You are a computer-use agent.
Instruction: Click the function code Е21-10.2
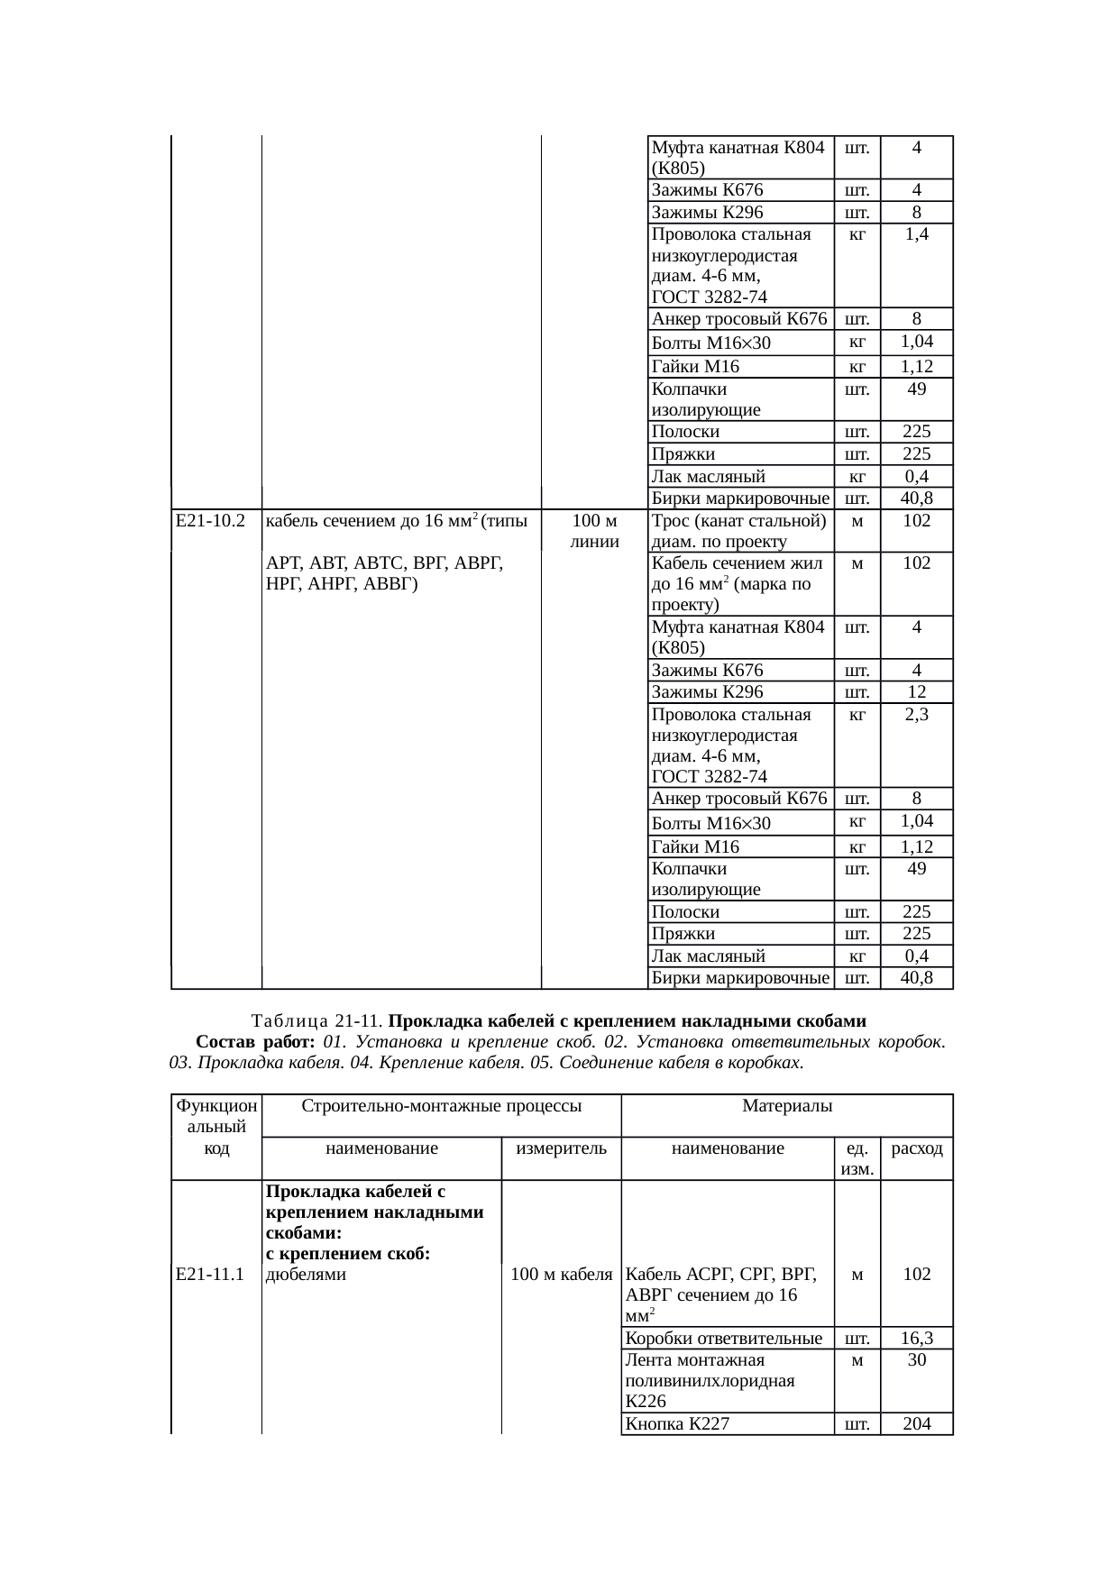tap(212, 520)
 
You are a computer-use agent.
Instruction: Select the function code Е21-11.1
tap(212, 1274)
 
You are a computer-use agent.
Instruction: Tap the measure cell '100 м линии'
tap(594, 531)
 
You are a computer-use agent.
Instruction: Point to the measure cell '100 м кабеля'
tap(561, 1274)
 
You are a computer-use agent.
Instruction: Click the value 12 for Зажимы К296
tap(916, 692)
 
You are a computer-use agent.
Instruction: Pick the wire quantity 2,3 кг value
tap(916, 715)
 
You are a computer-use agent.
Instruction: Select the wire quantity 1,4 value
tap(916, 234)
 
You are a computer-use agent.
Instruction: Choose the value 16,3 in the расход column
tap(916, 1338)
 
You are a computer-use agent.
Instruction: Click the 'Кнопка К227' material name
tap(677, 1424)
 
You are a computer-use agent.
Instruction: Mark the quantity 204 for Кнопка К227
tap(916, 1424)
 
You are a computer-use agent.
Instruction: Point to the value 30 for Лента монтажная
tap(916, 1359)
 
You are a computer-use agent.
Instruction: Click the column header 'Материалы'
tap(786, 1105)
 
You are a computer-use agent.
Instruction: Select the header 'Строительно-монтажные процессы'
tap(441, 1105)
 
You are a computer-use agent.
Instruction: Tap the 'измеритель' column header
tap(561, 1148)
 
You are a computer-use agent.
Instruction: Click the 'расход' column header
tap(916, 1148)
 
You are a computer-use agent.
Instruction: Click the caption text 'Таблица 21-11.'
tap(318, 1021)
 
